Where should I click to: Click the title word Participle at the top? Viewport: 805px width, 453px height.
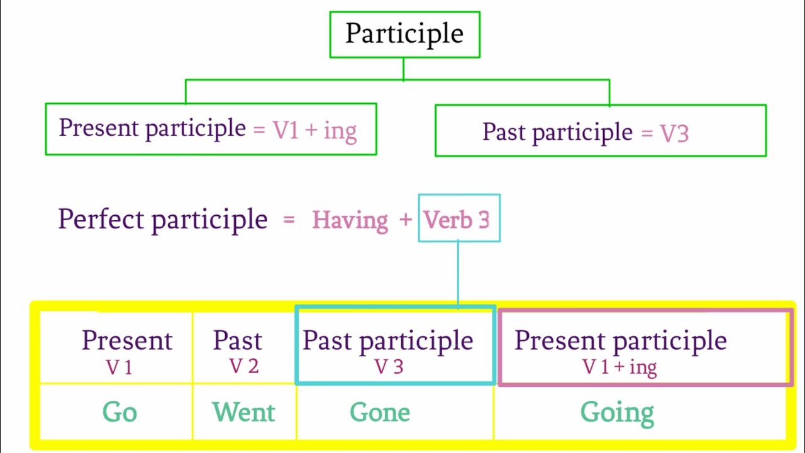(x=404, y=34)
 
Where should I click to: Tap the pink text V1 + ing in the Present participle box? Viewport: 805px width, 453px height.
(x=305, y=130)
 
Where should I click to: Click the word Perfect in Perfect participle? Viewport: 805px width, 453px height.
(x=101, y=220)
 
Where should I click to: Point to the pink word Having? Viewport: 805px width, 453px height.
(x=350, y=220)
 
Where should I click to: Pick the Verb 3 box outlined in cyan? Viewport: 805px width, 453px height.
(x=458, y=219)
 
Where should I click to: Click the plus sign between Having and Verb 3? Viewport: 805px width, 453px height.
(x=406, y=220)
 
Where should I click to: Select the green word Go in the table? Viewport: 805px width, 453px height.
(x=119, y=413)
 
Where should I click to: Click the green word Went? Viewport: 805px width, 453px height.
(x=244, y=413)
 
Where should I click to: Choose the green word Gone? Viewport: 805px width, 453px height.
(x=380, y=413)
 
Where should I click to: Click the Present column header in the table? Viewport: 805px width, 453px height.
(x=127, y=340)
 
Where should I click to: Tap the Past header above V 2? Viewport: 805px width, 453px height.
(x=237, y=340)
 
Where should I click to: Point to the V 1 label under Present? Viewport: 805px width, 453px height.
(x=119, y=367)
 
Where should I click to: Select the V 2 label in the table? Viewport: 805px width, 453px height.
(x=243, y=366)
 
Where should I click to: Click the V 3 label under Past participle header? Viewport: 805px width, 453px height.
(x=389, y=366)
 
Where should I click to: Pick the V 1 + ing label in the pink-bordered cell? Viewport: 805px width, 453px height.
(x=619, y=367)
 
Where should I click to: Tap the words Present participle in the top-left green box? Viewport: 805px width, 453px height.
(x=152, y=128)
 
